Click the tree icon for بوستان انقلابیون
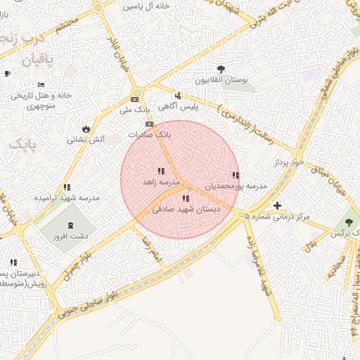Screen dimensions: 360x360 (x=221, y=69)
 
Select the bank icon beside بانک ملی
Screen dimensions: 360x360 (x=135, y=99)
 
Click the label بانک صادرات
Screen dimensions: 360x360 (x=149, y=134)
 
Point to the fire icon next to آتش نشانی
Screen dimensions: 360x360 (x=86, y=129)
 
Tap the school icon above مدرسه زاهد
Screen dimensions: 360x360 (x=161, y=171)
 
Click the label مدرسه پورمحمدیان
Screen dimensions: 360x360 (x=236, y=187)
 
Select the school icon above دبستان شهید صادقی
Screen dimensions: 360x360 (x=186, y=199)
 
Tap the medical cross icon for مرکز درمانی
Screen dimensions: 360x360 (x=278, y=206)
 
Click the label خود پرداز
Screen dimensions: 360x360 (x=288, y=162)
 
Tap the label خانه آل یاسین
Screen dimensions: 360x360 (x=147, y=6)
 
